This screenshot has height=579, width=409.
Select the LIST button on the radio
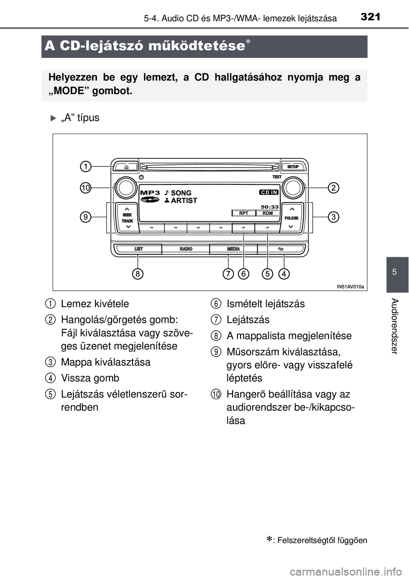138,249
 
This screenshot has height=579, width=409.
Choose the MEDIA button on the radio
233,249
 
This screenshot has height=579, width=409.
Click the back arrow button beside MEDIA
281,249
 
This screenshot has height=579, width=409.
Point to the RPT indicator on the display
244,213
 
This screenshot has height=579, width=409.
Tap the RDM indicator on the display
268,213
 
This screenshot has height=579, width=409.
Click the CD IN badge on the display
269,192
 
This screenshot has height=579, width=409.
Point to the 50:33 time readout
269,207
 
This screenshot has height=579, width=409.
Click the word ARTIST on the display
184,201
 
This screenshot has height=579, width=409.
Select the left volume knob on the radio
126,188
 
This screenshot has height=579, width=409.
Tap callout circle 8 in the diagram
137,274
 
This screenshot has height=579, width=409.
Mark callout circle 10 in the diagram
86,188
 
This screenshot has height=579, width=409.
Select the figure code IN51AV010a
350,287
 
